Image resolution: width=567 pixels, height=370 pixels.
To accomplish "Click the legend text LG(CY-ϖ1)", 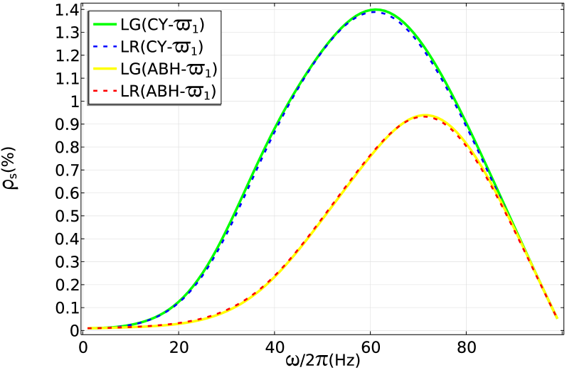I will (x=162, y=26).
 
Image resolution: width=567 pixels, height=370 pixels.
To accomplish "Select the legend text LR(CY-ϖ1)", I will (x=162, y=48).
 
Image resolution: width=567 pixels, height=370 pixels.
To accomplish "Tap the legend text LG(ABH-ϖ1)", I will (x=169, y=69).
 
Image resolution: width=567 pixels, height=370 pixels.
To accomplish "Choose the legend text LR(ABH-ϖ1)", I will (x=169, y=91).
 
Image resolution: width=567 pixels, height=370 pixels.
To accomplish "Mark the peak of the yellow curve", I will (x=425, y=115).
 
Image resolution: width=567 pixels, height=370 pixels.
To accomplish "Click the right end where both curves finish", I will (x=557, y=318).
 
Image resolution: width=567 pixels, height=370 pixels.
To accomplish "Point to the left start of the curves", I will (x=88, y=328).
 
